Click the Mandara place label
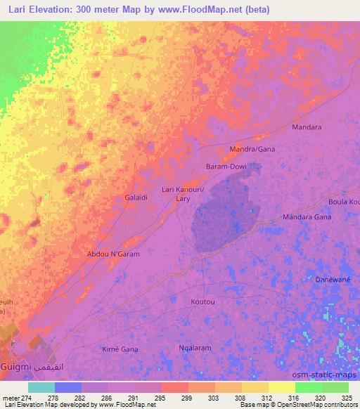[307, 127]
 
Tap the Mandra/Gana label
[252, 150]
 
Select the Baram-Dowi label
[225, 167]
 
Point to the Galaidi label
[136, 198]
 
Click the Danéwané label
[333, 278]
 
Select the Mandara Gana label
[307, 218]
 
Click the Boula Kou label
[344, 202]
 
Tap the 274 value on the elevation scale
[27, 397]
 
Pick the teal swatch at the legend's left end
[41, 387]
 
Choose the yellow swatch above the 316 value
[282, 387]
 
